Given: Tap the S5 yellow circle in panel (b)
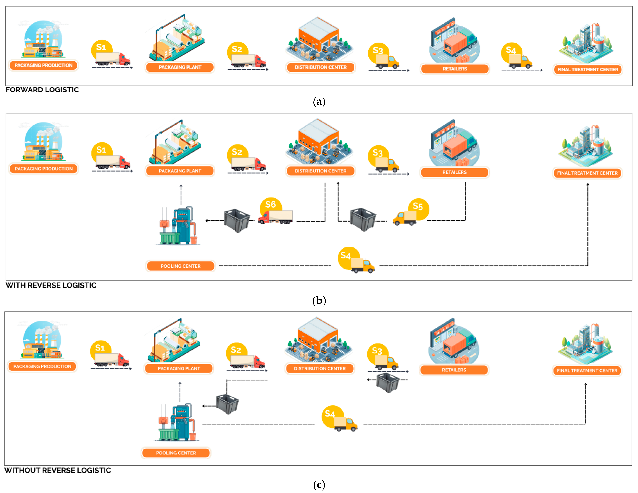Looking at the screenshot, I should (x=418, y=207).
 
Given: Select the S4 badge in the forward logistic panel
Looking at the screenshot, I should (x=511, y=50).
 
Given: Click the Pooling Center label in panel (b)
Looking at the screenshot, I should (x=181, y=266).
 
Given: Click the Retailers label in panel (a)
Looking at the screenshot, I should (x=455, y=69).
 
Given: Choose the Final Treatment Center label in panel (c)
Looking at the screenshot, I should (x=587, y=371).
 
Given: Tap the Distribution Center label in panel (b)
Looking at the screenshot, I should (x=320, y=171).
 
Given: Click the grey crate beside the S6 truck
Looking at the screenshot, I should (x=237, y=220).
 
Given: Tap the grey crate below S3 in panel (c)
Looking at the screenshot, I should (x=388, y=382).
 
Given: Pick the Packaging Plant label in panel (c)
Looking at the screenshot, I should (x=179, y=368).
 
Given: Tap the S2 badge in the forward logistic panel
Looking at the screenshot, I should (x=237, y=49).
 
